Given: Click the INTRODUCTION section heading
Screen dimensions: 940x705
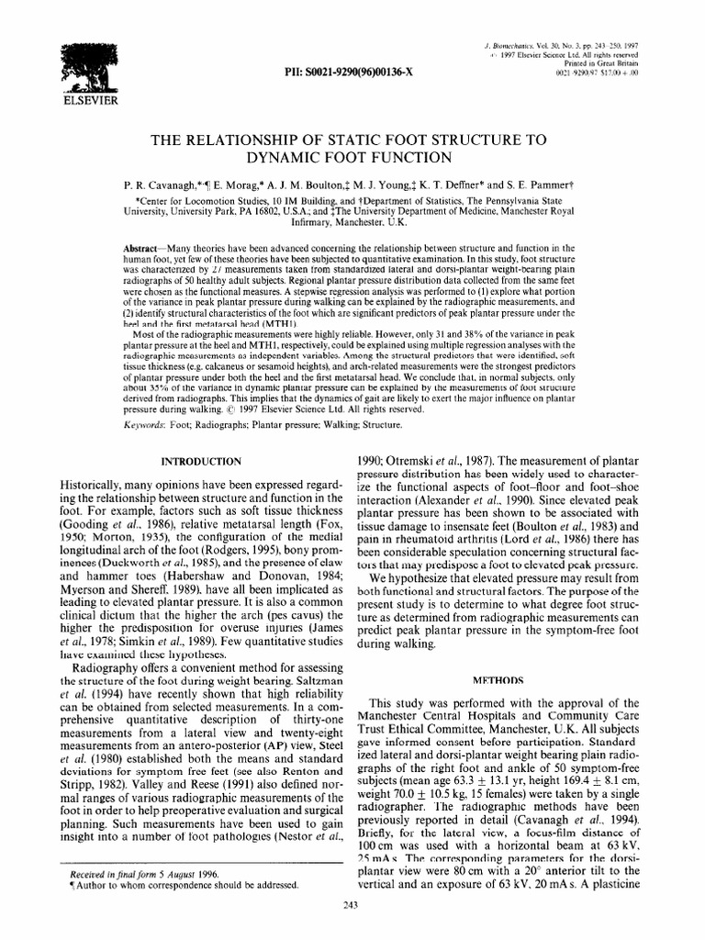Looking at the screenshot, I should pos(202,460).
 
